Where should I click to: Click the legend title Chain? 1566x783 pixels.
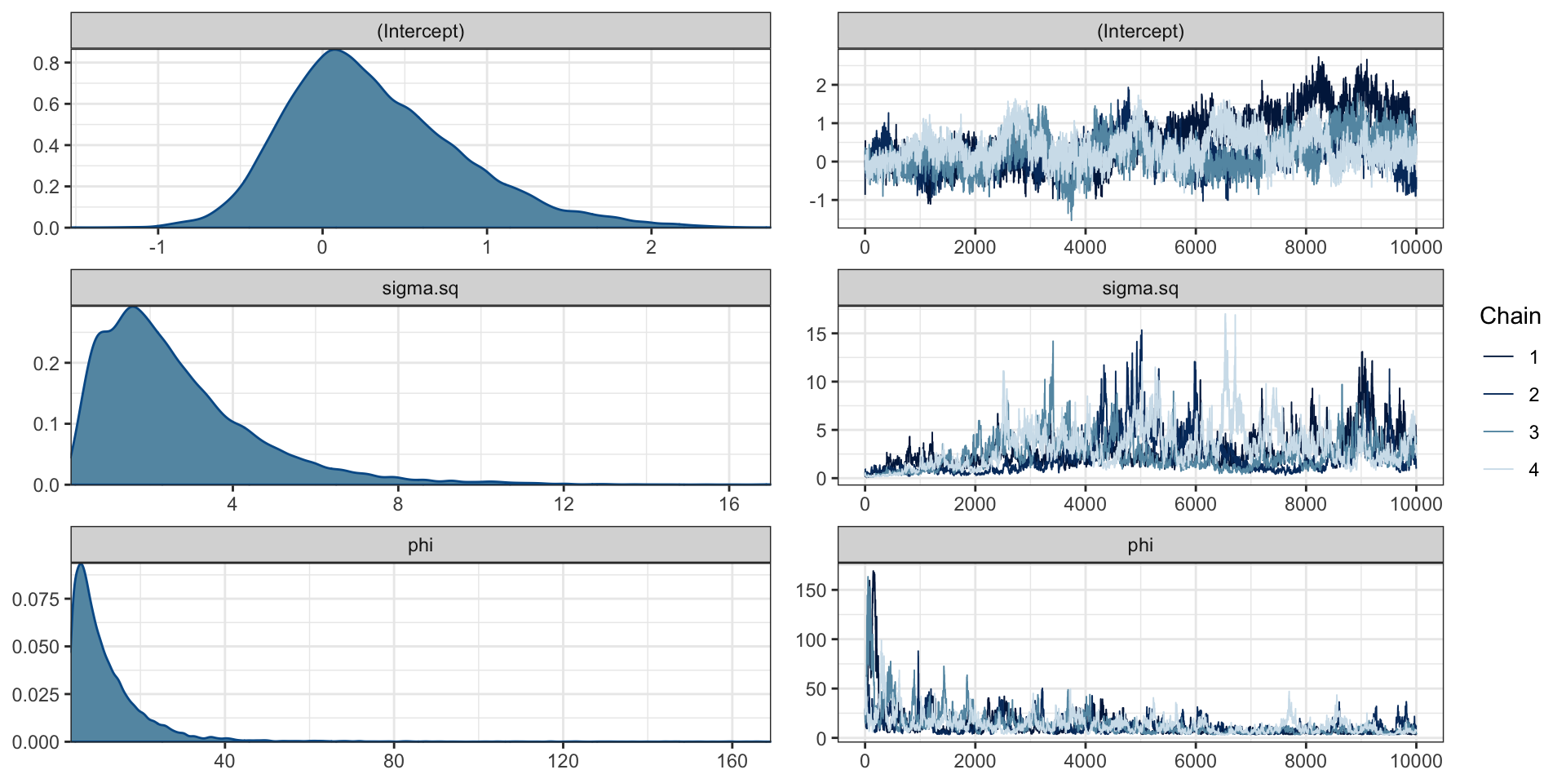pyautogui.click(x=1510, y=316)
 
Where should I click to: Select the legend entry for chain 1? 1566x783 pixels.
pyautogui.click(x=1533, y=357)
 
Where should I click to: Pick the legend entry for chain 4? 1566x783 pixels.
pyautogui.click(x=1533, y=470)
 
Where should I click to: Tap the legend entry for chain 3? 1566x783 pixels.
pyautogui.click(x=1533, y=432)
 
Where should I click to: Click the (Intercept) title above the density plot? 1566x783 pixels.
pyautogui.click(x=420, y=32)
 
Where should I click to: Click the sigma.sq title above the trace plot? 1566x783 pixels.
pyautogui.click(x=1139, y=289)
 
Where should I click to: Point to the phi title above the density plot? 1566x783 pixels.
pyautogui.click(x=420, y=546)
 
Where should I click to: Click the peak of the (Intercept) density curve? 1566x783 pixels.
pyautogui.click(x=335, y=51)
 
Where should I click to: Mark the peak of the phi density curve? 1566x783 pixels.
pyautogui.click(x=80, y=564)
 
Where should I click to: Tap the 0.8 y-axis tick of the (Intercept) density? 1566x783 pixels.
pyautogui.click(x=46, y=64)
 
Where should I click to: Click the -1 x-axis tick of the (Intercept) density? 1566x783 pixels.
pyautogui.click(x=157, y=247)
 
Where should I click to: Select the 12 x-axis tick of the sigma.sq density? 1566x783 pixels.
pyautogui.click(x=564, y=504)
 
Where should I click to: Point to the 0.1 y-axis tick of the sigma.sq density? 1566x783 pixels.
pyautogui.click(x=46, y=424)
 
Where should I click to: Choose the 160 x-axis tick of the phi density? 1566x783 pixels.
pyautogui.click(x=732, y=761)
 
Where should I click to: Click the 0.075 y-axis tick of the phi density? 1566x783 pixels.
pyautogui.click(x=36, y=599)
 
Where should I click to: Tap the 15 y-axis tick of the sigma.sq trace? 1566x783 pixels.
pyautogui.click(x=816, y=334)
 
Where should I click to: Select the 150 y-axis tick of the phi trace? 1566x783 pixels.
pyautogui.click(x=812, y=591)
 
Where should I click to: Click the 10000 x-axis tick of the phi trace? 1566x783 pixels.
pyautogui.click(x=1416, y=761)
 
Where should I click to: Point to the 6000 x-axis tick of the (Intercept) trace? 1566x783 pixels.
pyautogui.click(x=1196, y=247)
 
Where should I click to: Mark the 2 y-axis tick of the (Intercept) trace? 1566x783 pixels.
pyautogui.click(x=821, y=86)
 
